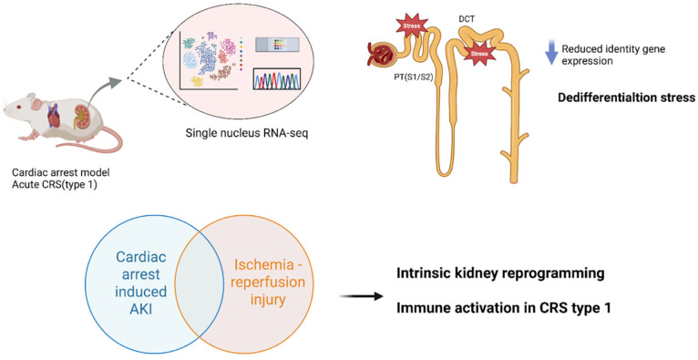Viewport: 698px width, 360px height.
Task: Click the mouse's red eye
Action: pos(18,108)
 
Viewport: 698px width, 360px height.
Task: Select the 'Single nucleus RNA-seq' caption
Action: pos(247,133)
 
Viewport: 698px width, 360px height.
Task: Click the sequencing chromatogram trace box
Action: pos(276,79)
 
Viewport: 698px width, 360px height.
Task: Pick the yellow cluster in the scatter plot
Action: pos(197,81)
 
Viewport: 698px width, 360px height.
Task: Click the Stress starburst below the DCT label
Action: pos(479,54)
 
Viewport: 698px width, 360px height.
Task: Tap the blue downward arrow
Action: pos(551,53)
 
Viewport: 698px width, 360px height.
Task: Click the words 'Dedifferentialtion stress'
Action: pos(627,98)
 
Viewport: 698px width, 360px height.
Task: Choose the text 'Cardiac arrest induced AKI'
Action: pos(141,283)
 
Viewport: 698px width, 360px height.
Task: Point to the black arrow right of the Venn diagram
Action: pos(361,296)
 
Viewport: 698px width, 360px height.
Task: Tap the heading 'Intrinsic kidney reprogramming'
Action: pos(500,273)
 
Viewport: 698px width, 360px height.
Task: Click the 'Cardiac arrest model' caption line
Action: pos(60,172)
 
